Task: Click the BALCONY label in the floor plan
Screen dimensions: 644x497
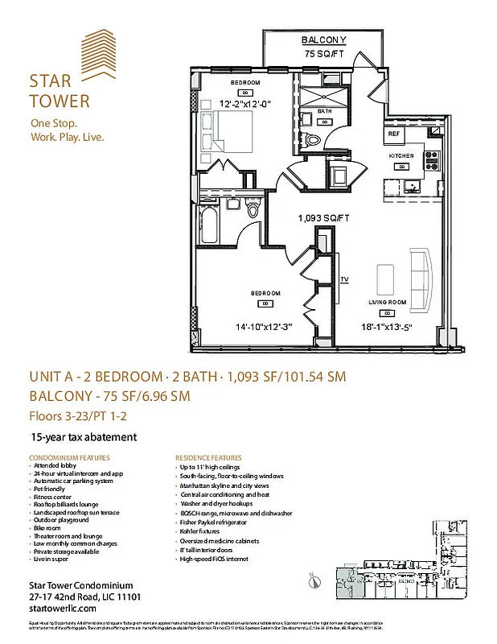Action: [323, 40]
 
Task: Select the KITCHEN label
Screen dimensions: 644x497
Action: [400, 155]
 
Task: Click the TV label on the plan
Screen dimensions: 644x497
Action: [344, 279]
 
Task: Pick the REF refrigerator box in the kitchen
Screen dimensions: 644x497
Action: [394, 134]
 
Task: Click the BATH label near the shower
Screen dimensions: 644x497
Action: [325, 111]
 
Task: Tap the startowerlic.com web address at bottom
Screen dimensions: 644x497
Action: [60, 608]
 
